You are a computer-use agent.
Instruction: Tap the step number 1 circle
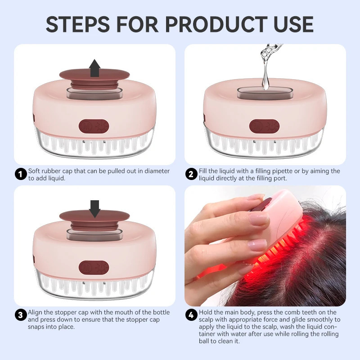click(21, 174)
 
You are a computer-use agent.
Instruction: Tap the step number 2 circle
click(192, 174)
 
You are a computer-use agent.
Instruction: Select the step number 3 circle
click(21, 315)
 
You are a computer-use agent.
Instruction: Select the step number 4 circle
click(192, 315)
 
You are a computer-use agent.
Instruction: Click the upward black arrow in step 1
click(94, 68)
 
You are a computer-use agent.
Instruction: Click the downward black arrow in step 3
click(94, 208)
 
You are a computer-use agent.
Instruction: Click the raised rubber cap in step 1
click(94, 77)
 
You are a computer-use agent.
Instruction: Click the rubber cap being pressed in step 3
click(94, 219)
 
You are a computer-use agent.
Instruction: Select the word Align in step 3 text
click(36, 312)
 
